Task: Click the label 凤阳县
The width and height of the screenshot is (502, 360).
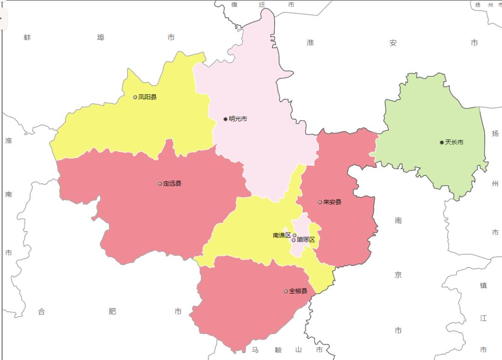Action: click(147, 97)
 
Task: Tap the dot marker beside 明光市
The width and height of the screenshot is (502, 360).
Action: click(225, 119)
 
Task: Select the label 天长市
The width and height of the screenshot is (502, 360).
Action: click(454, 142)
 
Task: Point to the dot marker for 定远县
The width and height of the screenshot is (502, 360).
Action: click(160, 184)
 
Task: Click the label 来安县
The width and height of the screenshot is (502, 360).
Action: click(332, 202)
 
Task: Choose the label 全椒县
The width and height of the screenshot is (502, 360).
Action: click(298, 291)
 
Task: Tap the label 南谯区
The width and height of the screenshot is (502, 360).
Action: click(282, 235)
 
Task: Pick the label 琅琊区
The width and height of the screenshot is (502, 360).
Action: click(306, 240)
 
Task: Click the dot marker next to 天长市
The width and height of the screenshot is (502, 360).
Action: click(442, 142)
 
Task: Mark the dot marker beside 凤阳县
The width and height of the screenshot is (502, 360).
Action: click(135, 97)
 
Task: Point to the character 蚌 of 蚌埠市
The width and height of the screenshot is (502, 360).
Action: click(27, 37)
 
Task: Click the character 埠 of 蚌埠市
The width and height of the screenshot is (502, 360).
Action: click(100, 37)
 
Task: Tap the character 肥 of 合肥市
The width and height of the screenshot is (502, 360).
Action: click(112, 312)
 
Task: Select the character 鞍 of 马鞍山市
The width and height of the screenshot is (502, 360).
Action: click(278, 350)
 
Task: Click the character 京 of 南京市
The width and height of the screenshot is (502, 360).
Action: click(398, 275)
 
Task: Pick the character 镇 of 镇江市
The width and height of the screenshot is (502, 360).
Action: click(483, 286)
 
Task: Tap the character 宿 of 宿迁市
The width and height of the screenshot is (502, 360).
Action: click(234, 5)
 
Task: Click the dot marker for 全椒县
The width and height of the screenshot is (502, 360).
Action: click(286, 291)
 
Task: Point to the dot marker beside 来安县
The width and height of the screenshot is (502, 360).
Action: click(320, 202)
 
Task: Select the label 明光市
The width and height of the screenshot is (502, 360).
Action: click(238, 119)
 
